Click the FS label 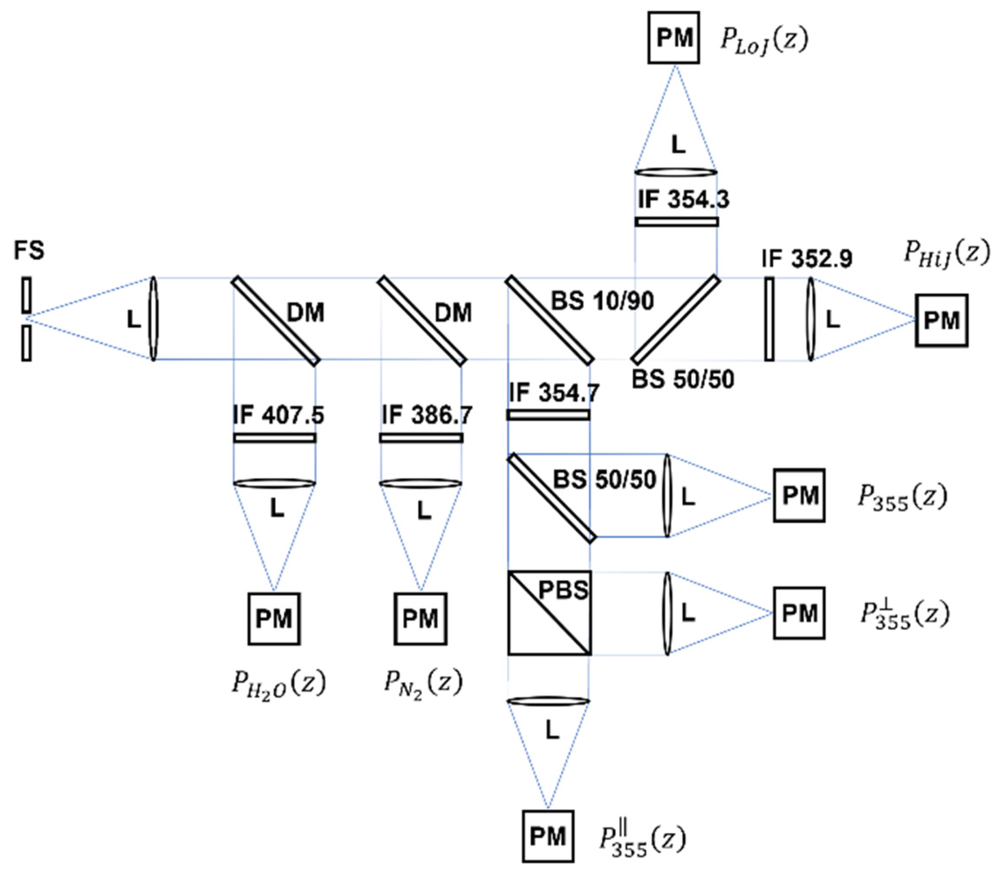click(x=28, y=250)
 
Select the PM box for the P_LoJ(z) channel click(x=674, y=38)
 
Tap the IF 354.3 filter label click(x=683, y=199)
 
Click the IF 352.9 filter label click(x=806, y=259)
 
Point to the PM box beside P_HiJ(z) click(x=941, y=320)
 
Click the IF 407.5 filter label click(x=278, y=415)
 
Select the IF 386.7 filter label click(x=426, y=415)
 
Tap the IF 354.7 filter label click(x=554, y=393)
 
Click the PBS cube click(x=549, y=613)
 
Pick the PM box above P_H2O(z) click(x=274, y=619)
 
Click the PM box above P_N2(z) click(x=420, y=619)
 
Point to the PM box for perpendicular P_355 click(x=799, y=613)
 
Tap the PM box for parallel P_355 click(x=547, y=836)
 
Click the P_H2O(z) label click(x=278, y=684)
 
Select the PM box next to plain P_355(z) click(x=799, y=496)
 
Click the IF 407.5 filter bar click(x=275, y=438)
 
